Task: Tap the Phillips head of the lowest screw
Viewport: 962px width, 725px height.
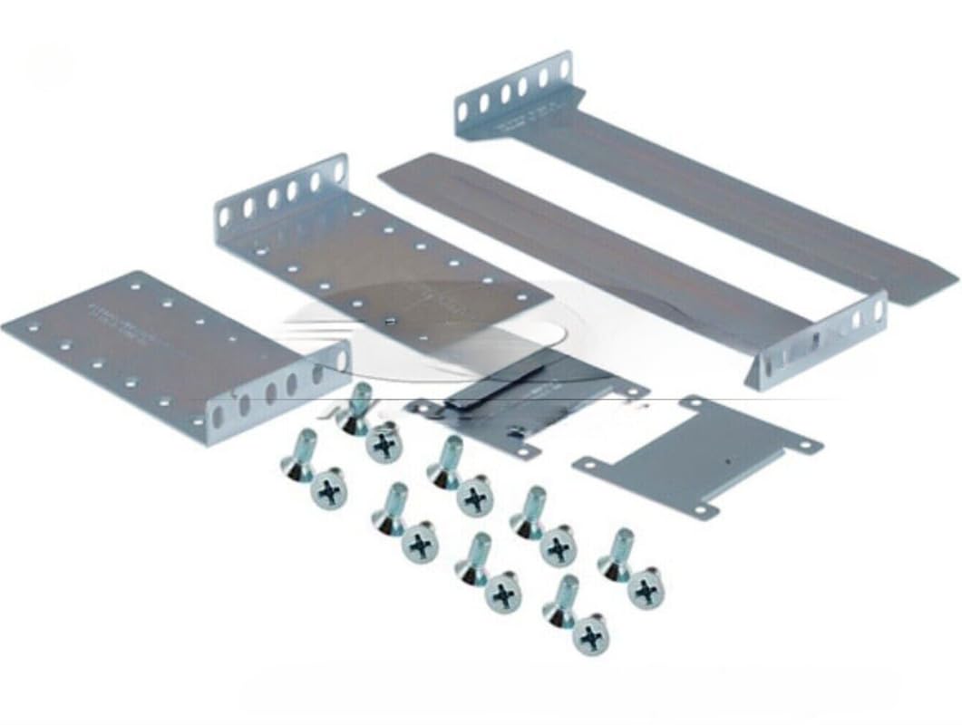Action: tap(591, 637)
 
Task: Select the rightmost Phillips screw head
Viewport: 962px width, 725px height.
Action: tap(646, 589)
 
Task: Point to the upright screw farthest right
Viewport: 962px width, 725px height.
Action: tap(617, 551)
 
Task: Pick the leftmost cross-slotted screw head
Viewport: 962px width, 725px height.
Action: tap(328, 491)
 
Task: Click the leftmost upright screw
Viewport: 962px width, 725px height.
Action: tap(298, 453)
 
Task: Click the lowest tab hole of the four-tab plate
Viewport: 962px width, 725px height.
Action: tap(701, 509)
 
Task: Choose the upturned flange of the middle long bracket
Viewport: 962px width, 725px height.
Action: tap(821, 341)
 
